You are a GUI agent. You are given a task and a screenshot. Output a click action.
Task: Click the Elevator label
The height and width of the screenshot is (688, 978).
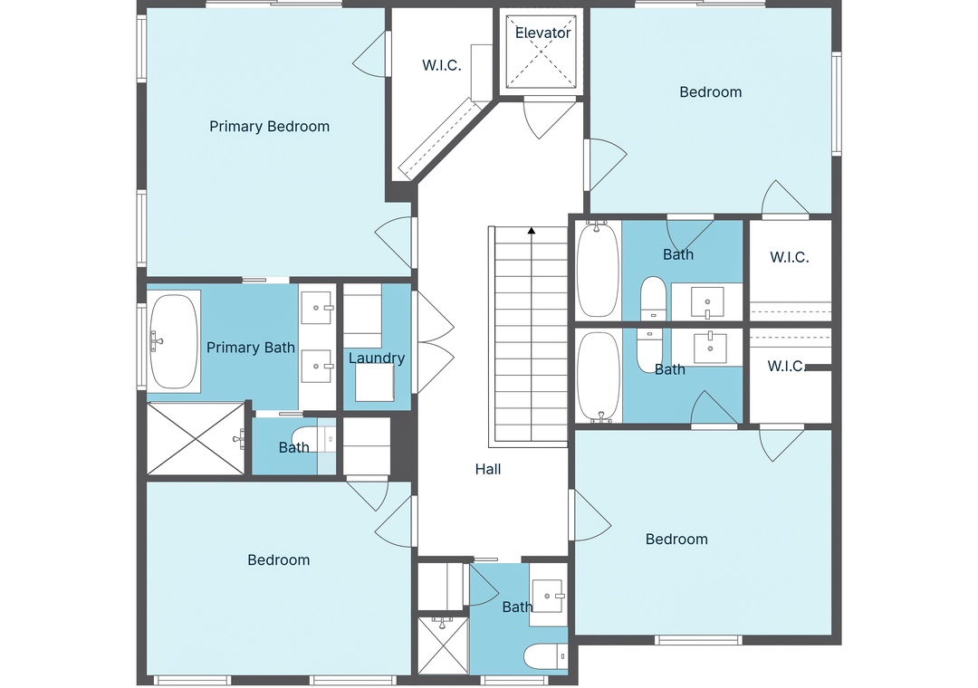[x=542, y=33]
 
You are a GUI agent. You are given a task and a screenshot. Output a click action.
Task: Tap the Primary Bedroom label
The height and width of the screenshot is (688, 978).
[x=270, y=127]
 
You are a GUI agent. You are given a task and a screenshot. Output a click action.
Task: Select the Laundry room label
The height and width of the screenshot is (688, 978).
[x=377, y=358]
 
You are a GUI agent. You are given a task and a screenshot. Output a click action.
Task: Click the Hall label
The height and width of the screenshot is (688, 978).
[x=488, y=469]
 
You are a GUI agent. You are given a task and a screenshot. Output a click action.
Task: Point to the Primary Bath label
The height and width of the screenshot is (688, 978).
[x=251, y=348]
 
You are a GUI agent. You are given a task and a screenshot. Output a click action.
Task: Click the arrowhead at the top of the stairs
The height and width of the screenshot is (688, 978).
[x=532, y=231]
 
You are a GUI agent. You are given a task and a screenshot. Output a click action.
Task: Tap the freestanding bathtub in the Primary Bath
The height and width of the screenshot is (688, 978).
[x=173, y=341]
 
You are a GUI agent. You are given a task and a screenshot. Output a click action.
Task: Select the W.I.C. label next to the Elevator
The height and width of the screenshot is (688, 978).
[x=442, y=65]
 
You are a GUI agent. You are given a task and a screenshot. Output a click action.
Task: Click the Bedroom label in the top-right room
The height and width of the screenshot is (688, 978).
[x=711, y=92]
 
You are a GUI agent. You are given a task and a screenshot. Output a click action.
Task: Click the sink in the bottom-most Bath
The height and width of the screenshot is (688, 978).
[x=548, y=596]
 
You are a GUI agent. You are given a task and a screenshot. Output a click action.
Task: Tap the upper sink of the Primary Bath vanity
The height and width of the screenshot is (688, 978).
[x=317, y=307]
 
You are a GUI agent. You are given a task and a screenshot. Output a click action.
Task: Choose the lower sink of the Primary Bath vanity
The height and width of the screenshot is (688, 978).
[x=317, y=366]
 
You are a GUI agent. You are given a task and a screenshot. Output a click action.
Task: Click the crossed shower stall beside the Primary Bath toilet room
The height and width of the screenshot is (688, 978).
[x=196, y=438]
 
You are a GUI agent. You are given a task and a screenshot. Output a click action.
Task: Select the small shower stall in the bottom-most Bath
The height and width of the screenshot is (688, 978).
[x=442, y=645]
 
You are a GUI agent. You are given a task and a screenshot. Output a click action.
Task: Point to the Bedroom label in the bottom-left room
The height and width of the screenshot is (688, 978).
[x=279, y=560]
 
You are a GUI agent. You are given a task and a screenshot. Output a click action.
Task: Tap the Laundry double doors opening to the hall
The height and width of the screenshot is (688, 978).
[x=434, y=342]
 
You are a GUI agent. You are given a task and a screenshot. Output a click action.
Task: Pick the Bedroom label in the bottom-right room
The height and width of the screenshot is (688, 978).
[x=676, y=539]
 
